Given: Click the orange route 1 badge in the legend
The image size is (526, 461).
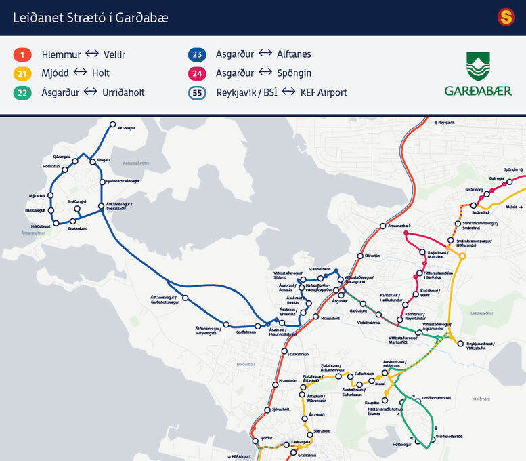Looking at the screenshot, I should coord(22,54).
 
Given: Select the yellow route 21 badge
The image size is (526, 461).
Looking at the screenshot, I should coord(22,73).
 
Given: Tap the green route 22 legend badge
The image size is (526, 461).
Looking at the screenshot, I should coord(22,92).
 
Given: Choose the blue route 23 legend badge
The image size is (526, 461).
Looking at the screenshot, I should coord(197,54).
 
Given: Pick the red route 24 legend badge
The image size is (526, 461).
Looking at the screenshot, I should coord(197,73).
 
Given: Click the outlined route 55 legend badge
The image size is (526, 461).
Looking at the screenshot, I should coord(197,92).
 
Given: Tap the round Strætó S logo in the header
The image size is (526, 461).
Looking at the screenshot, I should coord(506,17).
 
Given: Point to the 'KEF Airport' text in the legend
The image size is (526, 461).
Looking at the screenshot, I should coord(323,92).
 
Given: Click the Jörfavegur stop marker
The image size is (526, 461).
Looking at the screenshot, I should coord(113,125).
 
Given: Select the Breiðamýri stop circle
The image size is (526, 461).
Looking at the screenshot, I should coord(77,209).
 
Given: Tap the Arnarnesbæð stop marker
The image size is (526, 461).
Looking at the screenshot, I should coord(382,226).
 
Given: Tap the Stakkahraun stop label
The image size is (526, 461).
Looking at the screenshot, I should coord(298,354).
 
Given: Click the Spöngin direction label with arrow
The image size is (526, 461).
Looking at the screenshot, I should coord(513,170).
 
